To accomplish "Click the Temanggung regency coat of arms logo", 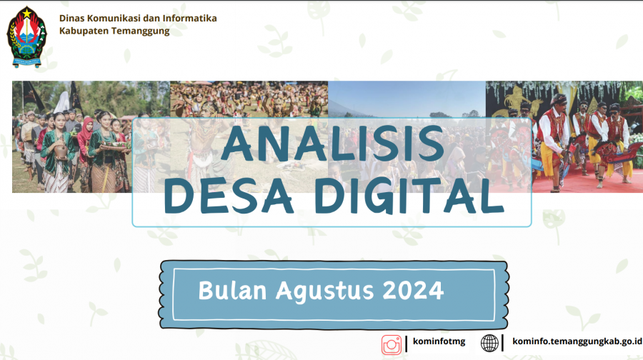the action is [26, 37].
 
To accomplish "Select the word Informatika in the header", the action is [189, 18].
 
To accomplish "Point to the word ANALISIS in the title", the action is [332, 144].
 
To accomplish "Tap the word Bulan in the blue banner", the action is [232, 290].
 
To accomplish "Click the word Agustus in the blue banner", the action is [325, 291].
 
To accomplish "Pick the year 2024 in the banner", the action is [413, 290].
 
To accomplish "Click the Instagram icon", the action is [392, 344].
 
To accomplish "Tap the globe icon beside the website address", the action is [489, 343].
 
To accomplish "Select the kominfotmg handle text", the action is [439, 341].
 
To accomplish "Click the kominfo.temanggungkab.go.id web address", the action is [577, 341].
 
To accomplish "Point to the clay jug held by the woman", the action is [61, 151].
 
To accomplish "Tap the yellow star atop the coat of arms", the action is [26, 13].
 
